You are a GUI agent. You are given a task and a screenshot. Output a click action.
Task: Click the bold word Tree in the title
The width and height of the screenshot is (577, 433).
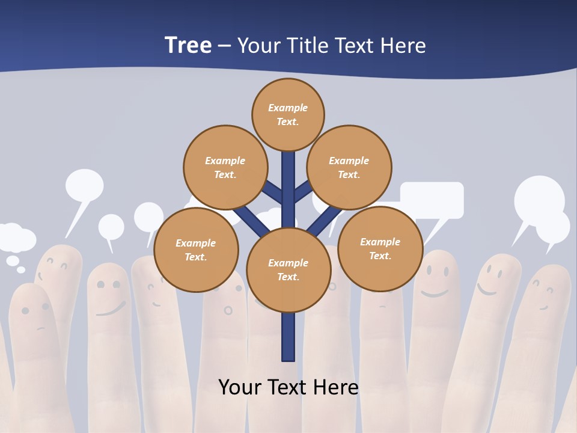pos(188,46)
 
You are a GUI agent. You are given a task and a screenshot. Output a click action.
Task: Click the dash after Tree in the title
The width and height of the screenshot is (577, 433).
pos(224,46)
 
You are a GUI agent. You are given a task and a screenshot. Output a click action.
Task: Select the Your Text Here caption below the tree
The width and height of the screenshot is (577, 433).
pos(288,387)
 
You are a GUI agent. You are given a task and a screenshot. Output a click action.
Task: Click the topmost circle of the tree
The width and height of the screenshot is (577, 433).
pos(288,114)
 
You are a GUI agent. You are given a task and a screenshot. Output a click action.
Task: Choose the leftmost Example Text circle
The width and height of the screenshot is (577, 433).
pos(196,250)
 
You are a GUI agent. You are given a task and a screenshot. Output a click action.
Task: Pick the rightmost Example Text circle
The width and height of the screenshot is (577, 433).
pos(380,248)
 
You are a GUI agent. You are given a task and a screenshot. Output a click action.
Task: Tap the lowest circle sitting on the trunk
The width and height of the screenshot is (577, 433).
pos(288,269)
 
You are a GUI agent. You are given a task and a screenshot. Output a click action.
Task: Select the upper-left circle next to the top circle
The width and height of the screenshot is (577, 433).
pos(225,167)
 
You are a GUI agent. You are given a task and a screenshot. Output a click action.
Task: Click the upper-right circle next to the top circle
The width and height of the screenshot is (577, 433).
pos(349,167)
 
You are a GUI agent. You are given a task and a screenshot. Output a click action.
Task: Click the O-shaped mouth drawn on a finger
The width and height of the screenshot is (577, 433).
pos(228,310)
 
